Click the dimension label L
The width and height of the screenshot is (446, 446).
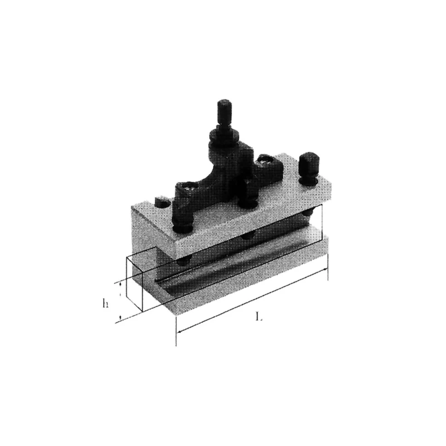[x=258, y=316]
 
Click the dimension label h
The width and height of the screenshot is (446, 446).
[x=105, y=304]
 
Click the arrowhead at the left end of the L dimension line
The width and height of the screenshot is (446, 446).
[x=180, y=331]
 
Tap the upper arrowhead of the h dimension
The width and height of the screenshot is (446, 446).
[x=120, y=284]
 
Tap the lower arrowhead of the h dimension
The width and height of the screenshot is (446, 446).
[x=120, y=317]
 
